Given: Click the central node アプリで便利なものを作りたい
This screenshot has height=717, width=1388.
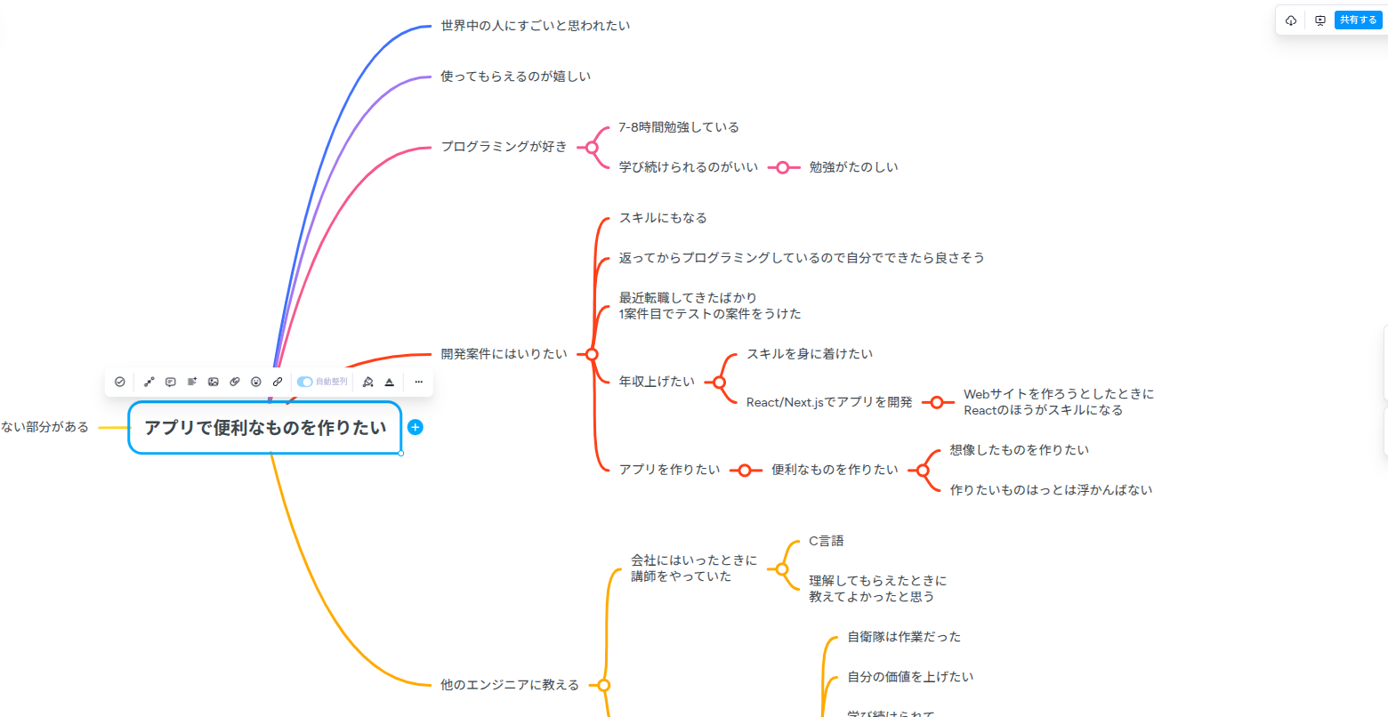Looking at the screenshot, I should pos(265,428).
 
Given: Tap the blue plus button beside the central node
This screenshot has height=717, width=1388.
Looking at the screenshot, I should pos(415,427).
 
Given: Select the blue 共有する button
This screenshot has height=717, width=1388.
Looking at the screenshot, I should pos(1358,20).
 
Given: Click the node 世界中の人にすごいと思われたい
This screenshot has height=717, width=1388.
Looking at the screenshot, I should pos(535,26).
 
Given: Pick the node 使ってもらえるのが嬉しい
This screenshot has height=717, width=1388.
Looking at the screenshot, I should pos(515,77).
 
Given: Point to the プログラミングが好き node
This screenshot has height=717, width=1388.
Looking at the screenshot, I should pos(504,147).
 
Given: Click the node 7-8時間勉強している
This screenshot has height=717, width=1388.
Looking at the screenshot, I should pos(678,127).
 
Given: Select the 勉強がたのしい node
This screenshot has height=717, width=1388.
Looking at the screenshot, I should pos(853,167).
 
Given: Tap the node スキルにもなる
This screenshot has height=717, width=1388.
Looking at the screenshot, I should pos(662,218).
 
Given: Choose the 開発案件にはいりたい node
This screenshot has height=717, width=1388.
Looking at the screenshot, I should pos(504,354).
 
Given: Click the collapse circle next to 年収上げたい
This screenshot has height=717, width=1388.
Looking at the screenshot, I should pos(719,383).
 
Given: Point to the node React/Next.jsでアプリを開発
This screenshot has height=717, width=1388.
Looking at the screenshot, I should pos(828,402).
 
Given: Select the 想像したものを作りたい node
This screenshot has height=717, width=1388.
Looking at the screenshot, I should pos(1019,450).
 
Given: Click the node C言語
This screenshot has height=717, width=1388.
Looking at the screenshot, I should pos(826,541).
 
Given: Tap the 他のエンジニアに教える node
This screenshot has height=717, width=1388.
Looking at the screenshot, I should pos(509,685).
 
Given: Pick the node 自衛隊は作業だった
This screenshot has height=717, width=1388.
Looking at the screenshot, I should pos(903,637).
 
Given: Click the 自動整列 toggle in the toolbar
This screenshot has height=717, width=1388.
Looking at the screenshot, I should pos(305,382).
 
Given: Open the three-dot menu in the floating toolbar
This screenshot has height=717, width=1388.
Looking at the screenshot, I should pos(418,382).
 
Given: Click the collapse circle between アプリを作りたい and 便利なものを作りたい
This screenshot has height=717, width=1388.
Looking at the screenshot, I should pos(746,471).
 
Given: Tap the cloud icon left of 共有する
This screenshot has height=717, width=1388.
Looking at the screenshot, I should pos(1291,20).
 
